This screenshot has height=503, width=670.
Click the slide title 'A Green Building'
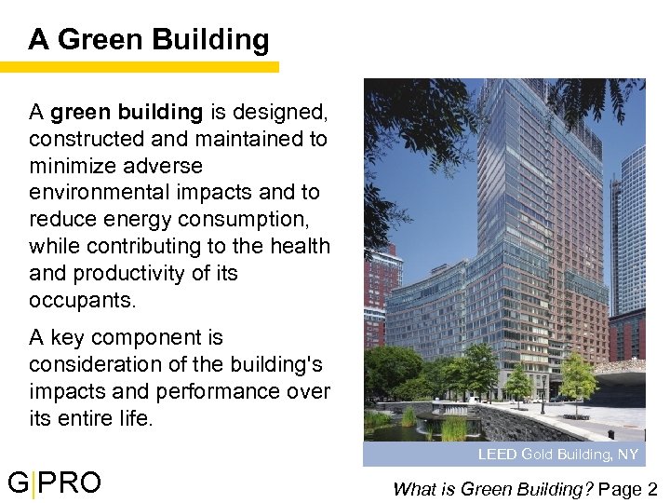[149, 39]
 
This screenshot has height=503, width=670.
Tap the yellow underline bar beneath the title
[140, 67]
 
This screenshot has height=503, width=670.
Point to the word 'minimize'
[68, 166]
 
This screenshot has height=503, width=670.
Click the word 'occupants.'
[82, 301]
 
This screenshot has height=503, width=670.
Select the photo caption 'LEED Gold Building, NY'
[557, 455]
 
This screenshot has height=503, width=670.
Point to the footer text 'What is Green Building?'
[493, 488]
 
